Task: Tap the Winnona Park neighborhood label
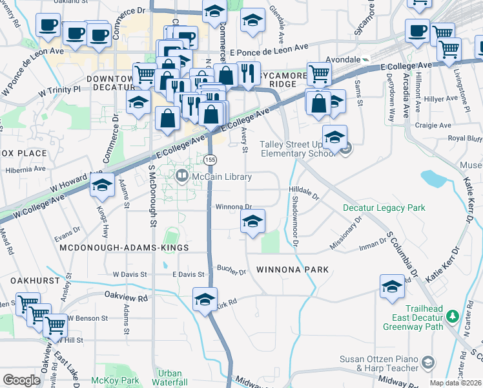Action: coord(293,269)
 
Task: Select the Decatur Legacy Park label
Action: coord(384,208)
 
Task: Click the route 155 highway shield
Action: coord(210,159)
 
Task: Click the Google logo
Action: coord(21,380)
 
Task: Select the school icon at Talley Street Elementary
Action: coord(334,138)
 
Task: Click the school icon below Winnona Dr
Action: coord(252,221)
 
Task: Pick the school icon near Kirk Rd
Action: coord(205,299)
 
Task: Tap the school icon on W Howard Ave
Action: coord(102,185)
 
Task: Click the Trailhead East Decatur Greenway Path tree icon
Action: coord(453,316)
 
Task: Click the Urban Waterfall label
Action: coord(170,378)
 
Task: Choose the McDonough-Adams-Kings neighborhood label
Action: coord(123,248)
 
